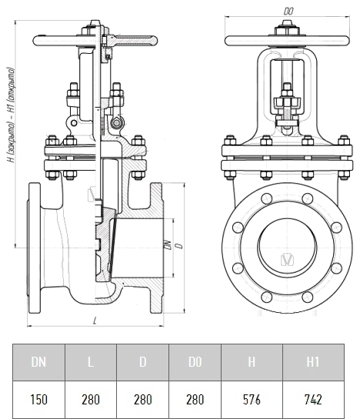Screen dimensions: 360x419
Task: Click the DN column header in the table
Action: tap(38, 362)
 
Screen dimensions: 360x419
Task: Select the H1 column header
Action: tap(313, 362)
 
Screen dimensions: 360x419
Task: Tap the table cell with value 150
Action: tap(38, 400)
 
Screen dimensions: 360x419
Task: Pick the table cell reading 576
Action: tap(252, 400)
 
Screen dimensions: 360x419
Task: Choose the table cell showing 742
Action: tap(313, 400)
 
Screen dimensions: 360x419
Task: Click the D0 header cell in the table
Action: tap(195, 362)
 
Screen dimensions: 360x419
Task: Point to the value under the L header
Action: tap(91, 400)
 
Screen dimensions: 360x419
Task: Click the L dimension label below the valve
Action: tap(95, 321)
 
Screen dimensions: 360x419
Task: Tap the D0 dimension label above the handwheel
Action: tap(288, 11)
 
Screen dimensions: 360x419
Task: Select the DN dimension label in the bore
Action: tap(168, 244)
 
